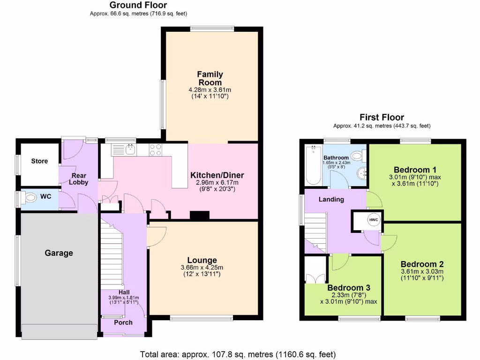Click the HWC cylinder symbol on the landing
pos(373,220)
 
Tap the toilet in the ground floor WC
pos(29,198)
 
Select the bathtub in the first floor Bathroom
pos(311,165)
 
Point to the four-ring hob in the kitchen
pos(156,150)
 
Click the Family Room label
pos(210,78)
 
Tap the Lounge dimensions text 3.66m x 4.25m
pos(202,268)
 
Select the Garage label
pos(59,253)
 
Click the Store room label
pos(39,161)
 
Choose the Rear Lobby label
pos(78,179)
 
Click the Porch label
pos(123,322)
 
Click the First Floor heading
pos(382,117)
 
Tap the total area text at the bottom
pos(238,354)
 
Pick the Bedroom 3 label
pos(345,288)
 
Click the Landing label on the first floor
pos(331,199)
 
